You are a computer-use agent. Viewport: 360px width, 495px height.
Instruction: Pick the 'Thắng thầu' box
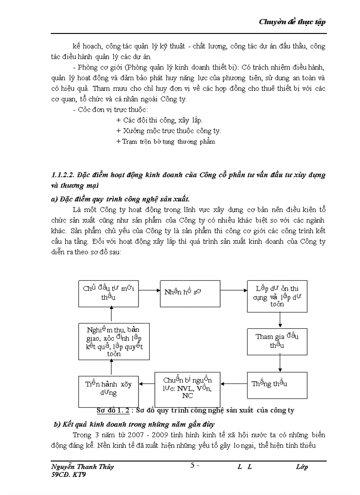[x=276, y=384]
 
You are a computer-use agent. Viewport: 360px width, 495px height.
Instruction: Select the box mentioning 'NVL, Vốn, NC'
[x=187, y=388]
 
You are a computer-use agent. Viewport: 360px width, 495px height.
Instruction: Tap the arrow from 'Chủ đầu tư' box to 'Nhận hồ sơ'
[x=151, y=290]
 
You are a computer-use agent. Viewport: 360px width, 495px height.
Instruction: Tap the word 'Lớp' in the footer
[x=302, y=467]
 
